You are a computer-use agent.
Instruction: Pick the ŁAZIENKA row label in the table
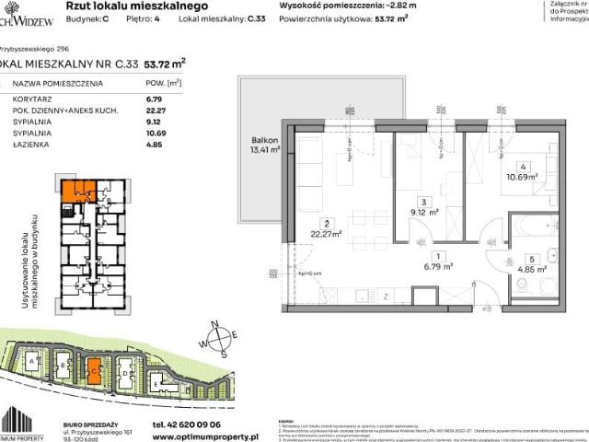(29, 144)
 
